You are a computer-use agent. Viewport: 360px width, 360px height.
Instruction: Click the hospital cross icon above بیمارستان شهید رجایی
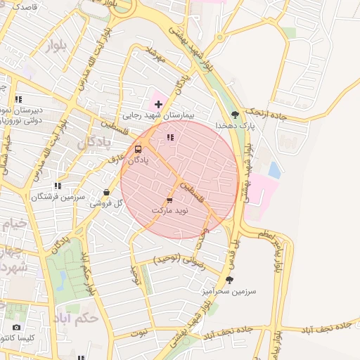158,104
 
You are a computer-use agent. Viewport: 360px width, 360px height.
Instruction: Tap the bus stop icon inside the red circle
138,150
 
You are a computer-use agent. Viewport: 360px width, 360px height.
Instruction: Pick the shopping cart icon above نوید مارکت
169,200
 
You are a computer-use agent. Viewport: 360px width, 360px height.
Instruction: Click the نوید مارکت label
169,211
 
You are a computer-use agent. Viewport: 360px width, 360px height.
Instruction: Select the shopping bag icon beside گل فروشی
106,192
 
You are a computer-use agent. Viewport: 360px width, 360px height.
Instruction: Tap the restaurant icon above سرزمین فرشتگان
58,186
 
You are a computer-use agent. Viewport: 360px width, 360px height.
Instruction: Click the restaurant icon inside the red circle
169,137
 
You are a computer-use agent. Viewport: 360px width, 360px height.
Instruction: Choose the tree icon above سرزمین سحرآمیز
229,280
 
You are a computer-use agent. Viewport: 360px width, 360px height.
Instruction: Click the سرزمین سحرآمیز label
237,290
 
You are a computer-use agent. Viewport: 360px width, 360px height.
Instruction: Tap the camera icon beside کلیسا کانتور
16,327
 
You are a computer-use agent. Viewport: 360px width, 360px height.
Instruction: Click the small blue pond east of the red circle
274,169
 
